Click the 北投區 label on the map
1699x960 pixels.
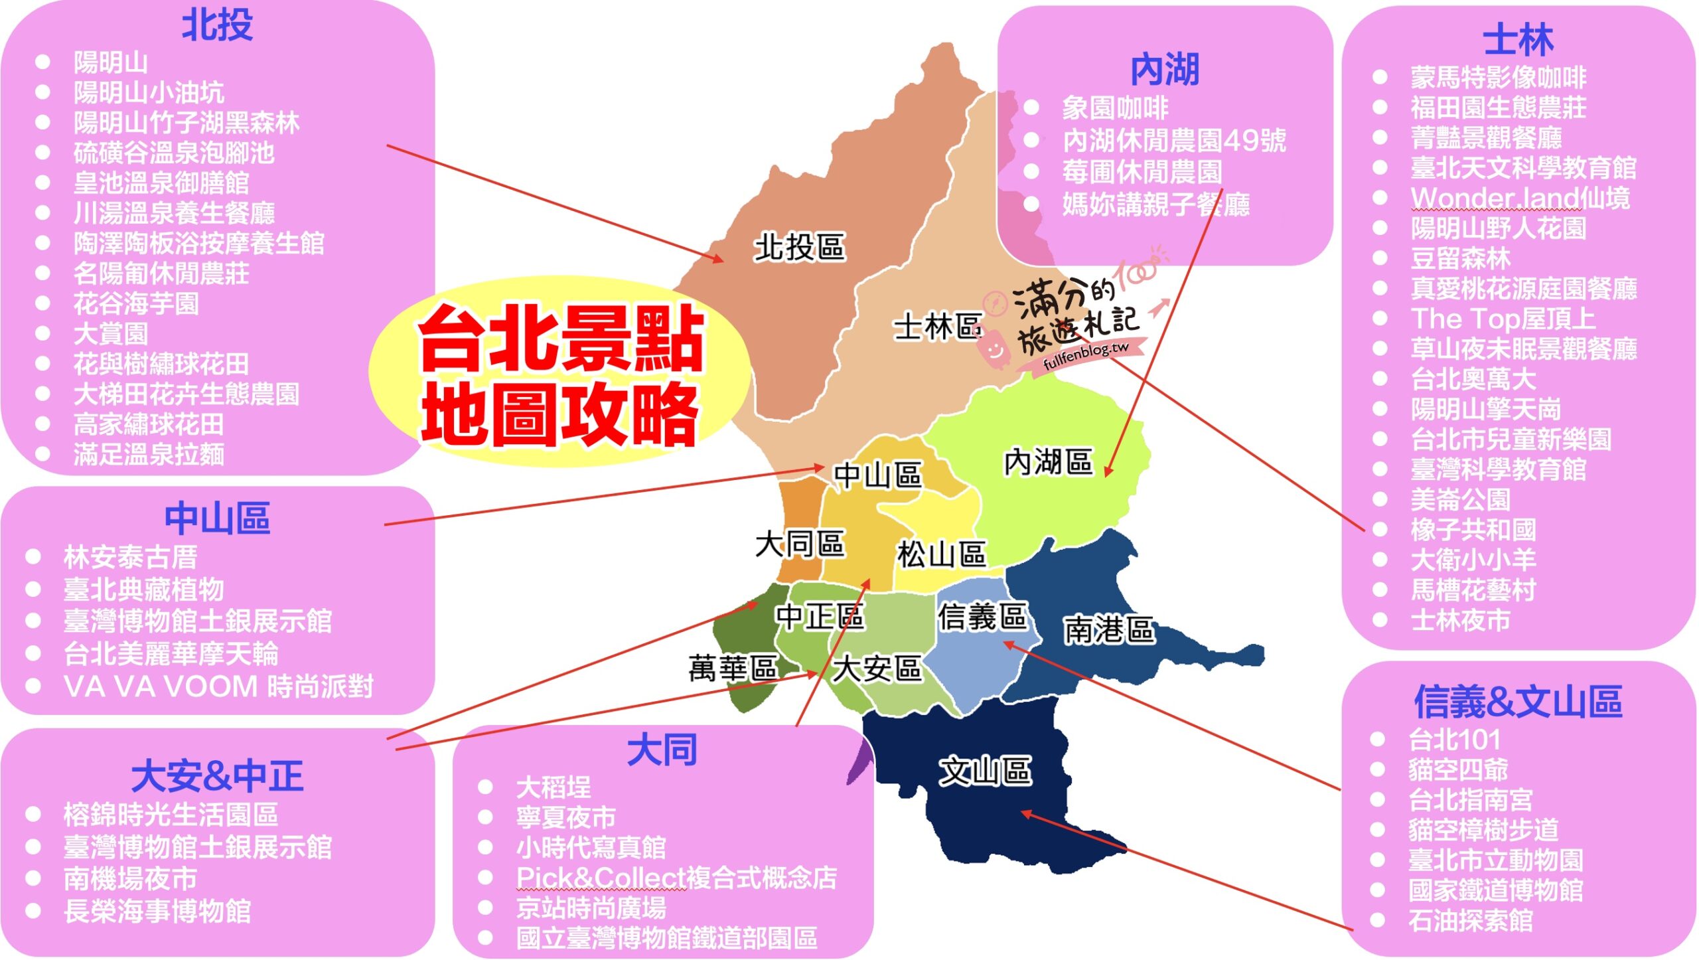[x=799, y=247]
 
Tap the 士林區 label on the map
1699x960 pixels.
[x=937, y=327]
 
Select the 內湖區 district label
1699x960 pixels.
[x=1048, y=462]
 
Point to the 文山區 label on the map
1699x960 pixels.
[x=985, y=771]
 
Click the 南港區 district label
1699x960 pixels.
[x=1109, y=629]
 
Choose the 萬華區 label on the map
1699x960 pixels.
[x=733, y=668]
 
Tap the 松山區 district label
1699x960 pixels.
[x=941, y=554]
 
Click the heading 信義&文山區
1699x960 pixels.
[x=1518, y=702]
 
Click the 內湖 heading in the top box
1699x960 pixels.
[x=1165, y=70]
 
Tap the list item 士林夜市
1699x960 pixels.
[x=1460, y=620]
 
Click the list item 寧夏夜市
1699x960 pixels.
[x=566, y=817]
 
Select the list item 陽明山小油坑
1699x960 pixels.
[x=149, y=92]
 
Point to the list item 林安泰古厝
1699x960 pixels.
[x=130, y=557]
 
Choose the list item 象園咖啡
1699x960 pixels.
[x=1115, y=108]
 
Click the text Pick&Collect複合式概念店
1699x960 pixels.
[x=676, y=878]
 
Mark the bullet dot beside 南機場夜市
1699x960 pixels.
[x=33, y=879]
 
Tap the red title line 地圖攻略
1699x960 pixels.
[x=559, y=415]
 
